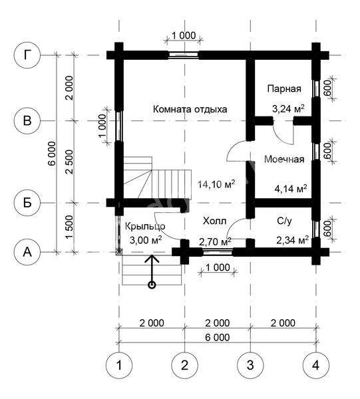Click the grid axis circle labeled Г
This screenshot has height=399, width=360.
(27, 55)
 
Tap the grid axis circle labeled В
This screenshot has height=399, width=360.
(27, 120)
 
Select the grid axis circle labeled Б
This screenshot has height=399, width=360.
(27, 203)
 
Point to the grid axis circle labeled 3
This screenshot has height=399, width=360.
(250, 365)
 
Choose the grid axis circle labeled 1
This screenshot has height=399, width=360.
(119, 365)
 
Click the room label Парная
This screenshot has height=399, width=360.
(284, 89)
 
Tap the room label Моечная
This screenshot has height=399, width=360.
(284, 160)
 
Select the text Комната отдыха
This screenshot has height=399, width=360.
(190, 110)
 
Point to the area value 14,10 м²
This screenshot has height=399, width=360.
(216, 184)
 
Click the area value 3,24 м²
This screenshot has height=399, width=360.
(288, 109)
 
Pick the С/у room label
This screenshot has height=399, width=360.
(284, 221)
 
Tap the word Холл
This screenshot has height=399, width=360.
(215, 221)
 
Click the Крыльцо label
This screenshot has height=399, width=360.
(145, 226)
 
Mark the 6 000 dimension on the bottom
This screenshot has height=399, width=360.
(218, 337)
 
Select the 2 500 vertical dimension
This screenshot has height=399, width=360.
(69, 162)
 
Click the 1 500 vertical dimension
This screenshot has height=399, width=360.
(69, 227)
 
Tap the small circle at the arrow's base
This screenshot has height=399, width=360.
(152, 285)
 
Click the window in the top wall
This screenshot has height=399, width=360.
(184, 55)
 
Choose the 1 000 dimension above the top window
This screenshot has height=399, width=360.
(184, 35)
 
